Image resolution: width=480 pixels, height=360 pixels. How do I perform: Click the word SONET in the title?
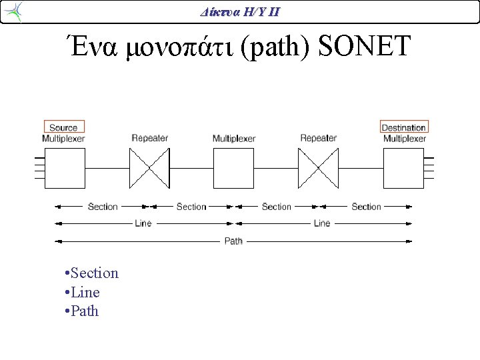[x=364, y=45]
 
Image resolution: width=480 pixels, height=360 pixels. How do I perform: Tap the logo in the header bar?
[x=13, y=11]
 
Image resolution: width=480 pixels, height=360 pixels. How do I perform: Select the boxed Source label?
[x=64, y=127]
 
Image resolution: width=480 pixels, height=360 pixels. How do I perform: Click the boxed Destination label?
[x=404, y=127]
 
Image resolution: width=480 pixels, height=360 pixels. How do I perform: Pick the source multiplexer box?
[x=65, y=168]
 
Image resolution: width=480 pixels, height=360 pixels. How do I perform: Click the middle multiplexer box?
[x=233, y=168]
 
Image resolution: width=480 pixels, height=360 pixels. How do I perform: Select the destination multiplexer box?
[x=404, y=168]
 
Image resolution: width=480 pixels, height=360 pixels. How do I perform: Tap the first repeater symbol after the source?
[x=149, y=168]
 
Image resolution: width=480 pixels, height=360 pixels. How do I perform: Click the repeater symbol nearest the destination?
[x=319, y=168]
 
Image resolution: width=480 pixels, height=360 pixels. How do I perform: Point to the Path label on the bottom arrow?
[x=233, y=241]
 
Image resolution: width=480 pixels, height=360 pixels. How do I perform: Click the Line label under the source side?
[x=143, y=223]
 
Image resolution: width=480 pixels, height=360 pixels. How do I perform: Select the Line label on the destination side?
[x=322, y=223]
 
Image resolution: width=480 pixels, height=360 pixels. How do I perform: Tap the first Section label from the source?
[x=103, y=207]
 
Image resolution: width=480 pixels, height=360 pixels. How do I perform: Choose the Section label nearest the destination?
[x=366, y=207]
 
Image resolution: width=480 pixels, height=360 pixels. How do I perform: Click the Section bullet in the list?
[x=92, y=273]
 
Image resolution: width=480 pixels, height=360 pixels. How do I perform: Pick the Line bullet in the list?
[x=83, y=292]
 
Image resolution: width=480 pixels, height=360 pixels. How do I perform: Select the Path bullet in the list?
[x=82, y=311]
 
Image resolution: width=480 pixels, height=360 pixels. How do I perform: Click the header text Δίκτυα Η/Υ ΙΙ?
[x=240, y=12]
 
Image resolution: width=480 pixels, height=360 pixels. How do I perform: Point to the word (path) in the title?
[x=275, y=47]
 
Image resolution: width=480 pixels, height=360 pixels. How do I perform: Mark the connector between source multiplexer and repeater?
[x=107, y=168]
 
